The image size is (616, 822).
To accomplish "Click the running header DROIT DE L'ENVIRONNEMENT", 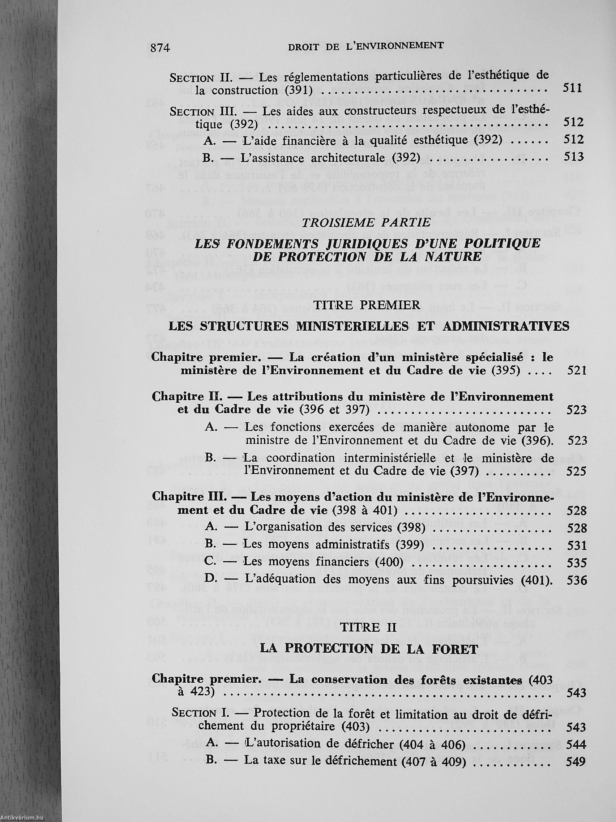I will (362, 46).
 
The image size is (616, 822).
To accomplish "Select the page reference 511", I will (572, 88).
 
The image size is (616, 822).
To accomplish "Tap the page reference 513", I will (574, 157).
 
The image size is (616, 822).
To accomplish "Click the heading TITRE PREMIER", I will (367, 305).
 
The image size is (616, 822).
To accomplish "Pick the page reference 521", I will (577, 370).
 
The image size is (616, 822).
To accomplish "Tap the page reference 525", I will (577, 471).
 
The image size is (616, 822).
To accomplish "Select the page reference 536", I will (577, 580).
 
